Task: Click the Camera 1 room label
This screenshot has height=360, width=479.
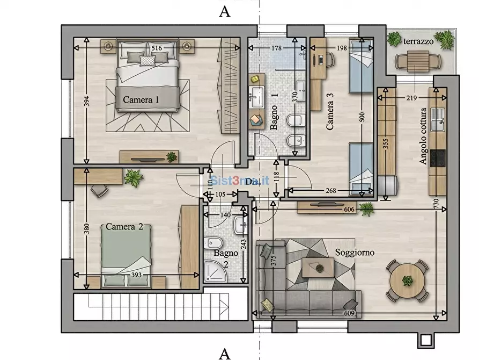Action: (141, 99)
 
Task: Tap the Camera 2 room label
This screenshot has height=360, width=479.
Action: (124, 227)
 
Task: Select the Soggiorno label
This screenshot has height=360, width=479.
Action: (355, 252)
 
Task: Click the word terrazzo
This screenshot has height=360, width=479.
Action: (418, 41)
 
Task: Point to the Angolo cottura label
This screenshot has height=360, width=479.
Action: (424, 136)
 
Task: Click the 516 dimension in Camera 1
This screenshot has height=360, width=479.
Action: (157, 48)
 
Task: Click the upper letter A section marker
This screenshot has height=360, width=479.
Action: (225, 12)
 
